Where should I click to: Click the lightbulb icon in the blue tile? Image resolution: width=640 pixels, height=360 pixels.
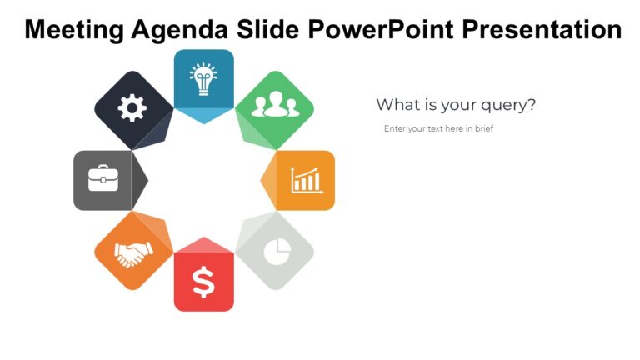[203, 79]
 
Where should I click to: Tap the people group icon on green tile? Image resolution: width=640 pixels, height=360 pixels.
[274, 105]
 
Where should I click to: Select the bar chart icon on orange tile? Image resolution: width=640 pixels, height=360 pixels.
[305, 179]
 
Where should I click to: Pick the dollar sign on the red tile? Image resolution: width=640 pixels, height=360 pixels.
[203, 282]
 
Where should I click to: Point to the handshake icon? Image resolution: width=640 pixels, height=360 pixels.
[133, 252]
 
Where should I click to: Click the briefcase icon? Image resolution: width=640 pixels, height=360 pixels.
[103, 179]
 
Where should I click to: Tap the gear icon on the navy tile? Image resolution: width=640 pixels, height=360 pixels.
[132, 108]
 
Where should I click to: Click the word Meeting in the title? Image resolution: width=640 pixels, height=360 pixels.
[75, 30]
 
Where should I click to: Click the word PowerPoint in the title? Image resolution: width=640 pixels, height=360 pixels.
[382, 30]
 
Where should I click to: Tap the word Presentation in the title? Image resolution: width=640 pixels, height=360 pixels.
[541, 30]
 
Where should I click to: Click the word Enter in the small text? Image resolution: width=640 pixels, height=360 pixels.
[394, 128]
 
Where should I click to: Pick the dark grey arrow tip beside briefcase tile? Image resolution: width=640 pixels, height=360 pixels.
[141, 179]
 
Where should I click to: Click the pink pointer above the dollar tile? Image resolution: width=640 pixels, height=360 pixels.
[203, 244]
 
